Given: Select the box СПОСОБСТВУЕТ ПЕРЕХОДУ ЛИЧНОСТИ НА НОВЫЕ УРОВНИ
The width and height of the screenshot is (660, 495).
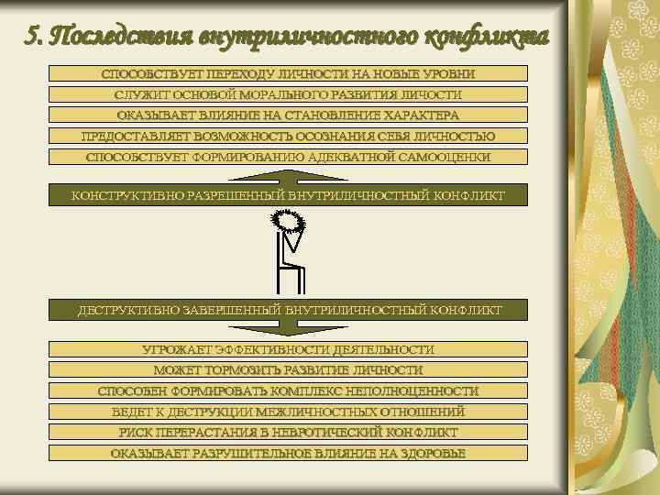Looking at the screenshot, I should [288, 73].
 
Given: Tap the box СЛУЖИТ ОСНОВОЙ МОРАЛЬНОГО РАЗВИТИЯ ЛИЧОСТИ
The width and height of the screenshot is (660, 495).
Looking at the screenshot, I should [288, 94].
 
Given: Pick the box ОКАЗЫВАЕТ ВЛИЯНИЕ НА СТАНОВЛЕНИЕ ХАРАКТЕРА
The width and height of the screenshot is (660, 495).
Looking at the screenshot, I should [288, 115].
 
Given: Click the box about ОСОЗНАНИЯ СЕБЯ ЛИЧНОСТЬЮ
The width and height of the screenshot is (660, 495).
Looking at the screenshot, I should [288, 137].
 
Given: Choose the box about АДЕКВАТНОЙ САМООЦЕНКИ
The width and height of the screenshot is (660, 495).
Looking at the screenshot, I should [288, 158].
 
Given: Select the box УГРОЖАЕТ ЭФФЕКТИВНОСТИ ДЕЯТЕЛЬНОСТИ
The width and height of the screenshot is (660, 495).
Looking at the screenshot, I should [288, 350].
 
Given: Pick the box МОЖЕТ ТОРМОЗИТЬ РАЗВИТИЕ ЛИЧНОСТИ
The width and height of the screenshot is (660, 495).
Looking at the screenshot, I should [288, 371].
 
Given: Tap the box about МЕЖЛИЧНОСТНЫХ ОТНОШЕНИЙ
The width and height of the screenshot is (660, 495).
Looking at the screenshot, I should [288, 412].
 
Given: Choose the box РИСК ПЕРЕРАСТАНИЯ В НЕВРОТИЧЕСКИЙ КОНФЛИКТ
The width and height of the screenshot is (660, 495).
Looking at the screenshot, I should [288, 433].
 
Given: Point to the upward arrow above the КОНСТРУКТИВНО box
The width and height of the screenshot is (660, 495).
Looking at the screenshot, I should [288, 176].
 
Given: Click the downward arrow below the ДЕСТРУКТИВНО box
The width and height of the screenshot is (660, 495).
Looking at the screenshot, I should [288, 329].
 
